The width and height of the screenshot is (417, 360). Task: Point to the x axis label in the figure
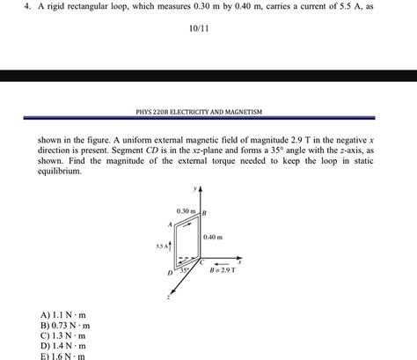pos(239,261)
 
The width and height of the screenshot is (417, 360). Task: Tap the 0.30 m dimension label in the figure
pos(186,211)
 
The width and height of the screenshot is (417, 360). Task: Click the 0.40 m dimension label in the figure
pos(213,237)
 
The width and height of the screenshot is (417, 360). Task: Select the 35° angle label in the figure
pos(186,270)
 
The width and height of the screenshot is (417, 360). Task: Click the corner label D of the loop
pos(171,274)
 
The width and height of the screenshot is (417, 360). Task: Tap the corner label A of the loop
pos(170,224)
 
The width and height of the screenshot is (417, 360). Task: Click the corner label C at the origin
pos(202,262)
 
